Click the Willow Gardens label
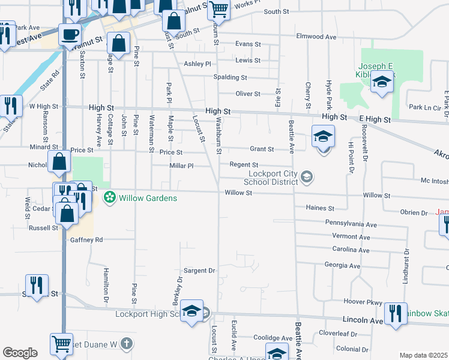[148, 198]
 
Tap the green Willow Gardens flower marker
[110, 197]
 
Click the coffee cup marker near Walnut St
[70, 35]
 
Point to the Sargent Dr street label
[199, 271]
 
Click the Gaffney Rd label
[87, 239]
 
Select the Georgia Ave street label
[342, 265]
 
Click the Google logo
[20, 353]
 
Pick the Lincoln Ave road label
[363, 321]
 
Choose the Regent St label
[244, 165]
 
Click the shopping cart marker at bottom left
[61, 344]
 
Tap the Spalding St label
[230, 77]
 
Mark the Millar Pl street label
[182, 166]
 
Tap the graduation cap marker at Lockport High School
[192, 311]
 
